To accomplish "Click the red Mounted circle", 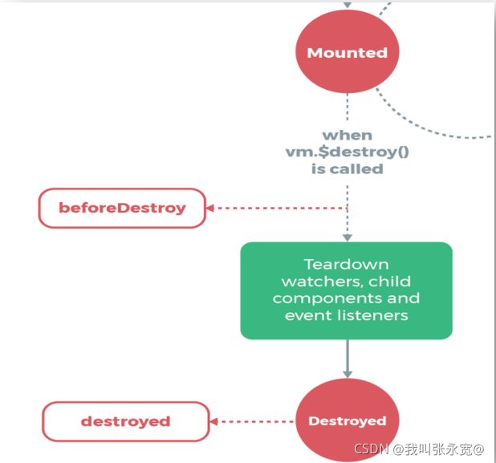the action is pyautogui.click(x=347, y=53).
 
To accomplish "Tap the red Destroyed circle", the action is pyautogui.click(x=347, y=420).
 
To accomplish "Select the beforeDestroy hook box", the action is pyautogui.click(x=122, y=209).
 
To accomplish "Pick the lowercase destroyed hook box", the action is pyautogui.click(x=125, y=421).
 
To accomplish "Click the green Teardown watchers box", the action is pyautogui.click(x=346, y=290).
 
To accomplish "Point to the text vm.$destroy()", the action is pyautogui.click(x=347, y=152).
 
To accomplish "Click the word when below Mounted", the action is pyautogui.click(x=347, y=136).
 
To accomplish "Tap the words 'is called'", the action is pyautogui.click(x=347, y=169).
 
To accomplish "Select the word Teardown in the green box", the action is pyautogui.click(x=346, y=264).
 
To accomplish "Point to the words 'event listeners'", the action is pyautogui.click(x=346, y=315).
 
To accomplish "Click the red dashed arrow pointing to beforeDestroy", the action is pyautogui.click(x=273, y=209).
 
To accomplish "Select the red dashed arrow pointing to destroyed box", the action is pyautogui.click(x=252, y=421).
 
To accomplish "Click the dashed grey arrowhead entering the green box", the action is pyautogui.click(x=347, y=237).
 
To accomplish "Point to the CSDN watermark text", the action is pyautogui.click(x=417, y=448).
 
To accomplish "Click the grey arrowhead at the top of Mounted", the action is pyautogui.click(x=347, y=5).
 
